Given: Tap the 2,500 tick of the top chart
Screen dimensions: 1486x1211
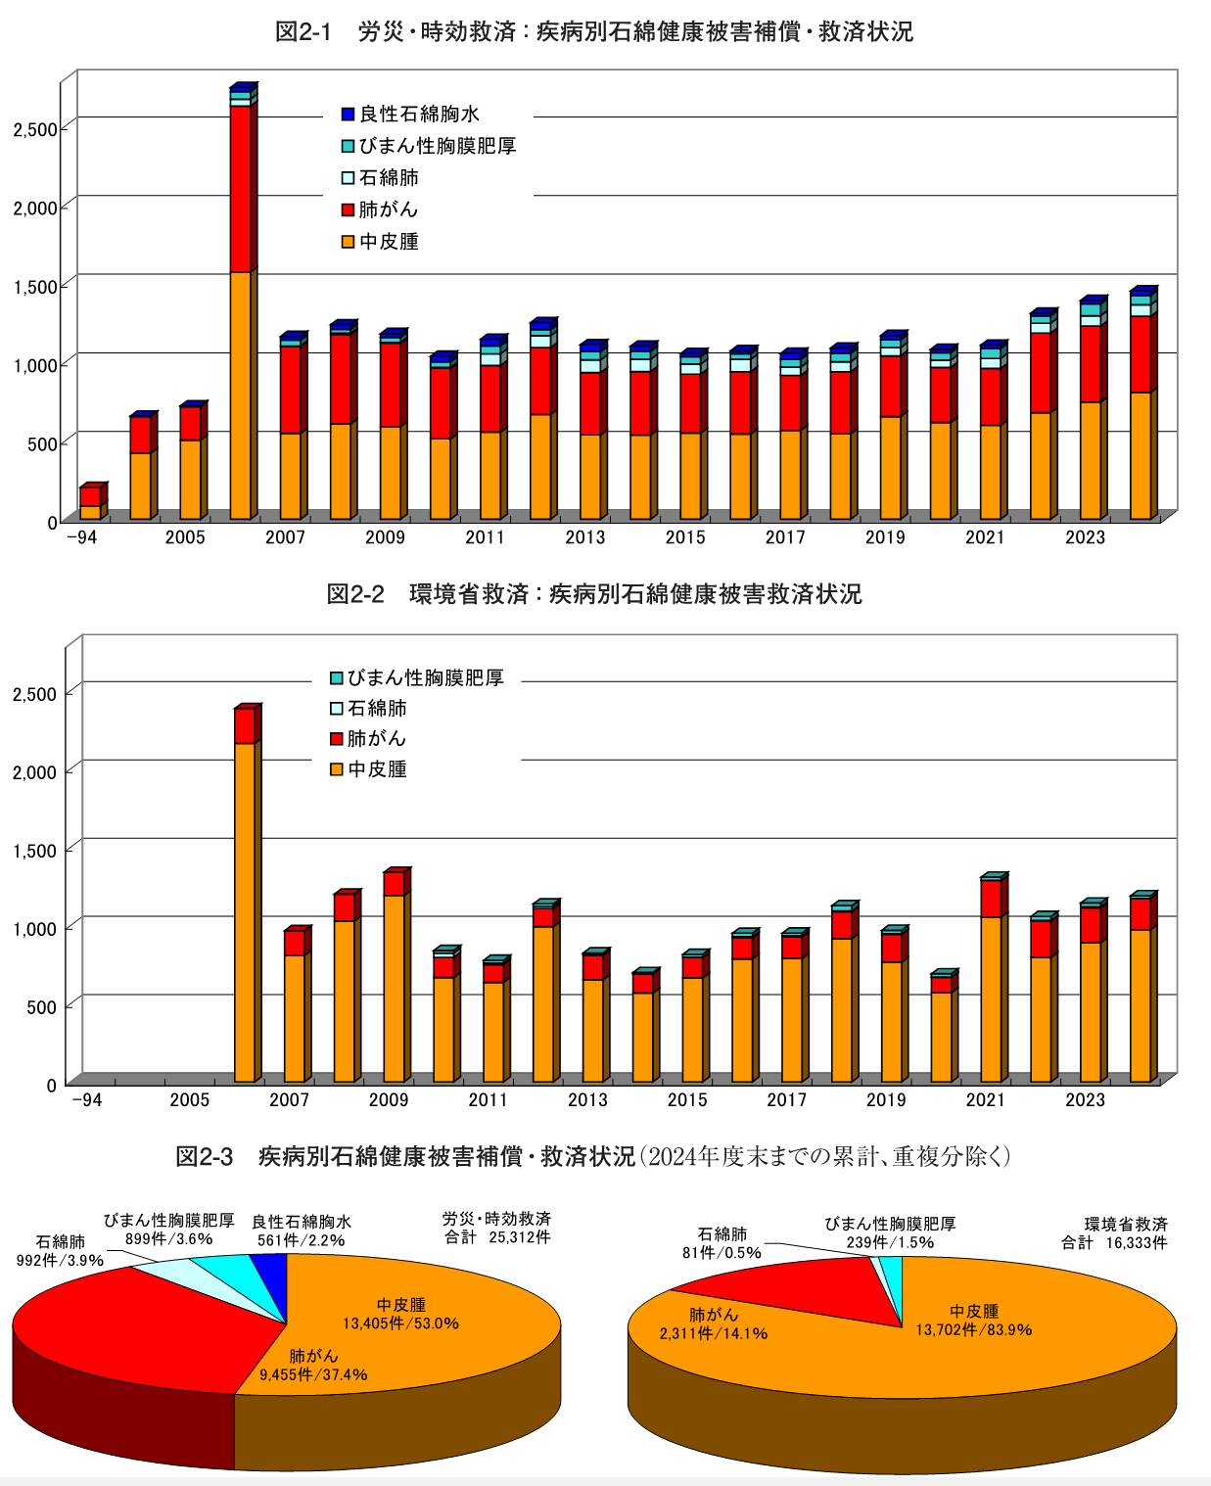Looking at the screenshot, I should coord(34,129).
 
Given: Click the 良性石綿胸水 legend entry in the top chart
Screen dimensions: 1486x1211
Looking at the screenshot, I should coord(410,115).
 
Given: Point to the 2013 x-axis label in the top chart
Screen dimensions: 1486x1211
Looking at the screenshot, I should coord(585,537).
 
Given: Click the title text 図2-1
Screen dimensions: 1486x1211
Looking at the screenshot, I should coord(303,32).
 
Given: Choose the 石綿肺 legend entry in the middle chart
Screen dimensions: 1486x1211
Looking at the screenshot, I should coord(368,708).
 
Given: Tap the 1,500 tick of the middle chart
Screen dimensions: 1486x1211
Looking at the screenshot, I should coord(34,851).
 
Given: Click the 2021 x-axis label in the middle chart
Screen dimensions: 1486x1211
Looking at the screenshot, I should coord(986,1100).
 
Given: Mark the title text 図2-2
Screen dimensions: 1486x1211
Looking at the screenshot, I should coord(354,594).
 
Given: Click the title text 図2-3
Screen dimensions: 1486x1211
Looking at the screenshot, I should coord(204,1157).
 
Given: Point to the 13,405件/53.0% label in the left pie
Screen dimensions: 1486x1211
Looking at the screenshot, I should coord(400,1323).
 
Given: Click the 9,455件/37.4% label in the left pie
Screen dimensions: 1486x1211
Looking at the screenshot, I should coord(313,1374).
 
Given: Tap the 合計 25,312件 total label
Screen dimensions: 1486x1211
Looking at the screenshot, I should coord(497,1237).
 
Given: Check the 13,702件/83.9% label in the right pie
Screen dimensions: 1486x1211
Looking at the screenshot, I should coord(974,1329).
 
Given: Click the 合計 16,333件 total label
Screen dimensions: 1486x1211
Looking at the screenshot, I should coord(1114,1242).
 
